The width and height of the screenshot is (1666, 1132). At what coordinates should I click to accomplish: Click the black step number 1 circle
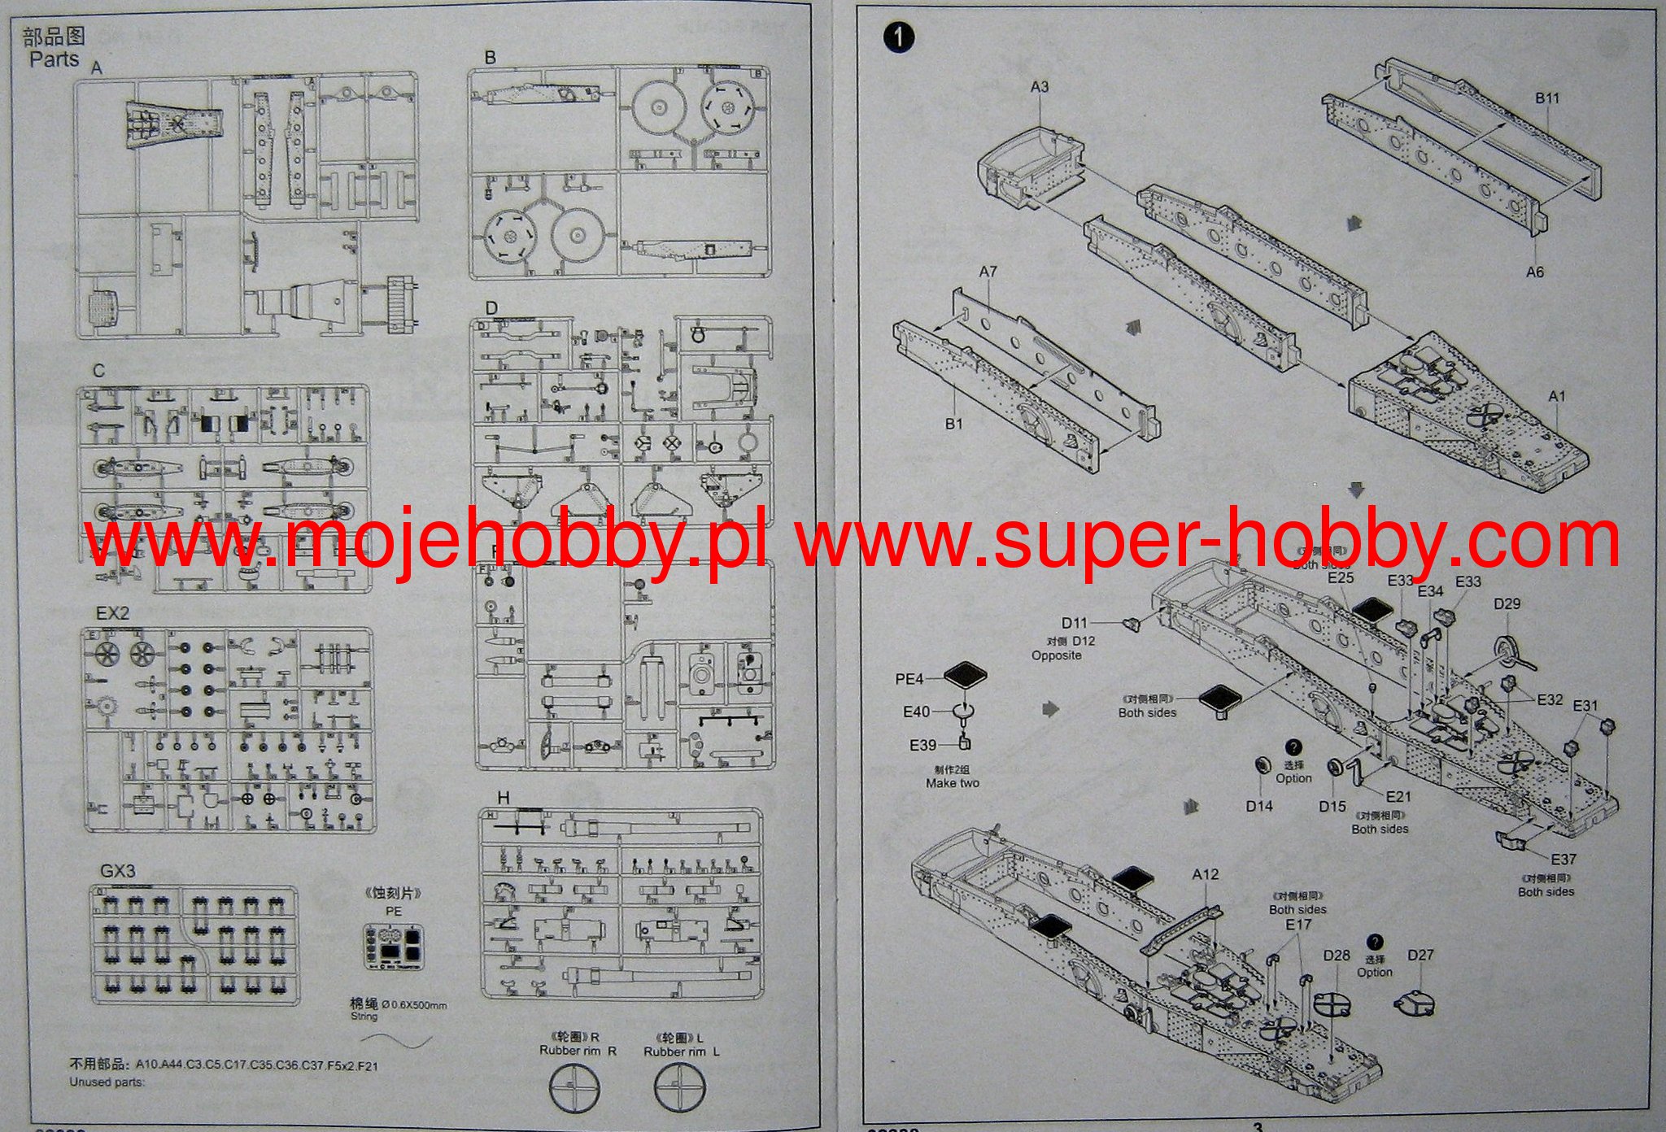[898, 37]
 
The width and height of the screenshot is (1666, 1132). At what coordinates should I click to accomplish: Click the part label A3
[1040, 86]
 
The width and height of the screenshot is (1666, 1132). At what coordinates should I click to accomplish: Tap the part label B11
[1547, 98]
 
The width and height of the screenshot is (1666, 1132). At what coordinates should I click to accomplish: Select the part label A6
[1534, 272]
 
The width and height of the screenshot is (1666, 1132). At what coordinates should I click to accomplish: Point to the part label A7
[988, 272]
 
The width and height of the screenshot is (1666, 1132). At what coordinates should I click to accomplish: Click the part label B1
[953, 424]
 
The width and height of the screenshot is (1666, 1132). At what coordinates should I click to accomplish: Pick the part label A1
[1556, 396]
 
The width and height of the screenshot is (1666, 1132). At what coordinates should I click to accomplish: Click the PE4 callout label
[909, 679]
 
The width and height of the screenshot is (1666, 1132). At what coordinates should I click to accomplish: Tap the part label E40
[916, 712]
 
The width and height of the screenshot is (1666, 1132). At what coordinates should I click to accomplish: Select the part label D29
[1507, 603]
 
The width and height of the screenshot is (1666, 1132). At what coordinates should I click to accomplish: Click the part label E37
[1563, 859]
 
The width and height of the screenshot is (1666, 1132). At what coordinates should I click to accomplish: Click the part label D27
[1420, 955]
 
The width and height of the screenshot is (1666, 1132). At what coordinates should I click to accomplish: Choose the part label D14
[1258, 806]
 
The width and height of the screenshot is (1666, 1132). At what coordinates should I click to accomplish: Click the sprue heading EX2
[112, 612]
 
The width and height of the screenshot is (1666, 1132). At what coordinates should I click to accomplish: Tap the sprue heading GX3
[118, 871]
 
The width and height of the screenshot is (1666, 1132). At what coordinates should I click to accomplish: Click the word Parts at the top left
[54, 59]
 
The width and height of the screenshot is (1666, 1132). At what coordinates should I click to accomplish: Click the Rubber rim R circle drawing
[574, 1088]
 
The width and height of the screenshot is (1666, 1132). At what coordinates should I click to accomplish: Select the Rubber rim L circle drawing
[680, 1088]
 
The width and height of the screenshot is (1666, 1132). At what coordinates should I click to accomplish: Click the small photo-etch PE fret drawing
[394, 947]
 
